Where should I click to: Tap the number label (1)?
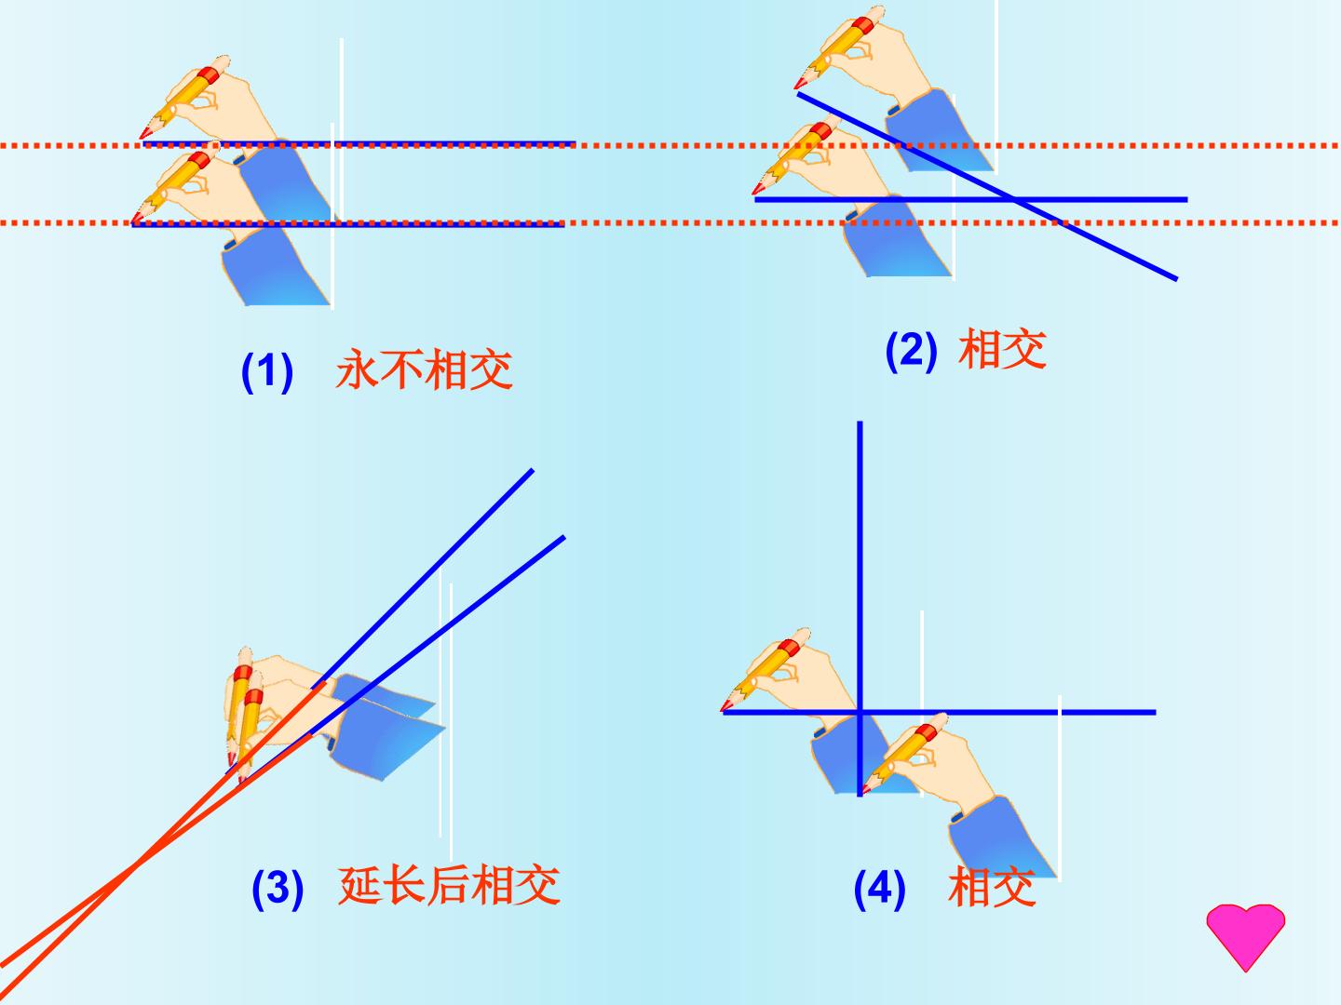click(x=267, y=371)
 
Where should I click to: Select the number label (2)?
click(x=911, y=351)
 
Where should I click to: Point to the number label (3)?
click(x=278, y=889)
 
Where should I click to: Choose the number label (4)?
click(x=879, y=889)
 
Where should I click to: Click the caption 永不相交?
click(x=424, y=369)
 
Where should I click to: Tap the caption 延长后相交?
click(x=449, y=885)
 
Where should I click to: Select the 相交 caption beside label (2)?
click(x=1003, y=348)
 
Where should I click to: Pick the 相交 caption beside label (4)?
click(x=992, y=887)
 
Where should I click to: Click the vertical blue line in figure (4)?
click(x=860, y=609)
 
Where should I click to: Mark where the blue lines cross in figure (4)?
click(x=860, y=712)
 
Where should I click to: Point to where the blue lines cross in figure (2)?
click(x=1013, y=199)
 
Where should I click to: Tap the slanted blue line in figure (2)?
click(x=987, y=187)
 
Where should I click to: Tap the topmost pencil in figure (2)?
click(x=839, y=47)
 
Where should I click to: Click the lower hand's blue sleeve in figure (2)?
click(x=897, y=239)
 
